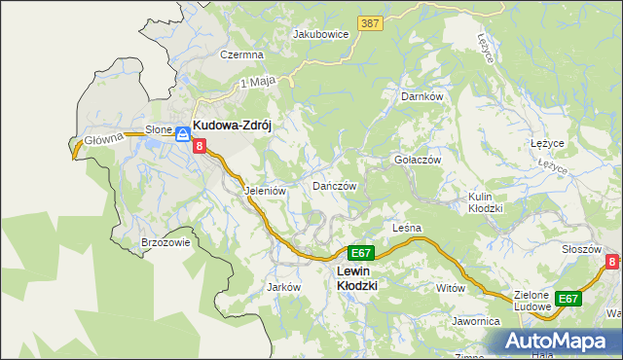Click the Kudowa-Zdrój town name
point(238,126)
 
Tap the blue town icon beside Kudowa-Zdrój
point(182,133)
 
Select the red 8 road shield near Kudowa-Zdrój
point(200,146)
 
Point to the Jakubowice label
point(321,33)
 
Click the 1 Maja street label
point(254,85)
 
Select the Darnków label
point(422,97)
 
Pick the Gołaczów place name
point(418,160)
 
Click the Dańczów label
point(335,185)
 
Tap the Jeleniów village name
point(265,192)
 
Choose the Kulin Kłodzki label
point(485,202)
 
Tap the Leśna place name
point(406,228)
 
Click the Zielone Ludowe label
point(530,300)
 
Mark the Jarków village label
point(283,288)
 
